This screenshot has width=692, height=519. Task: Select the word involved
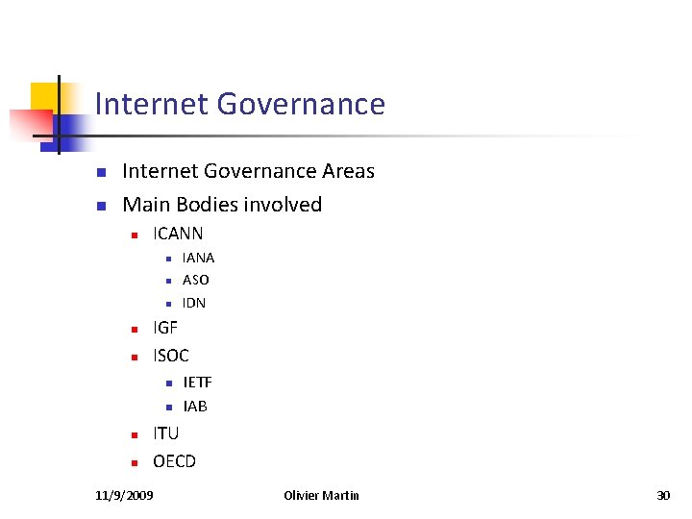(285, 204)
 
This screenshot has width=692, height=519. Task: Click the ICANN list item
(178, 234)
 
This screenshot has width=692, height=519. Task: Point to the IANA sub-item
(198, 258)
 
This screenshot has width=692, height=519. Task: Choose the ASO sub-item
(195, 280)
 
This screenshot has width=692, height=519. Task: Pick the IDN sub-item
(193, 303)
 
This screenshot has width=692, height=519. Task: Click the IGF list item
(165, 328)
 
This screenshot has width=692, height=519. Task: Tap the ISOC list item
(171, 356)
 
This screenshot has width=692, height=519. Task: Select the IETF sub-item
(197, 383)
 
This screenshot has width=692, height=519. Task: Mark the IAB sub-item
(195, 407)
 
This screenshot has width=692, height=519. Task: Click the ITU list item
(165, 433)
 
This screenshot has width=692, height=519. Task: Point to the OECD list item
(174, 461)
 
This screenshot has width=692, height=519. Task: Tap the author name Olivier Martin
(322, 495)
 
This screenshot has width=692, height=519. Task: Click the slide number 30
(662, 495)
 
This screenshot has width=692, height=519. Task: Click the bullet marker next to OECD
(136, 463)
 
